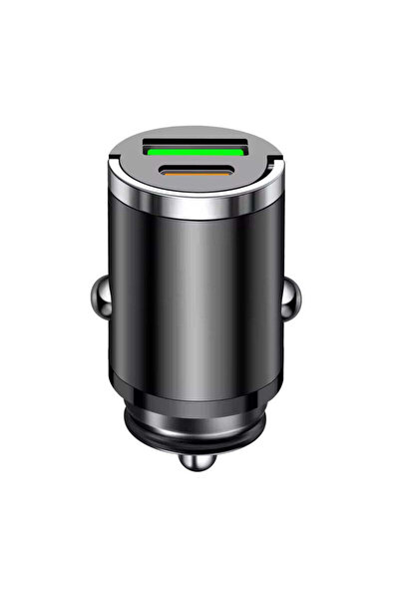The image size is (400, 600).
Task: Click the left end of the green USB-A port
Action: [153, 146]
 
